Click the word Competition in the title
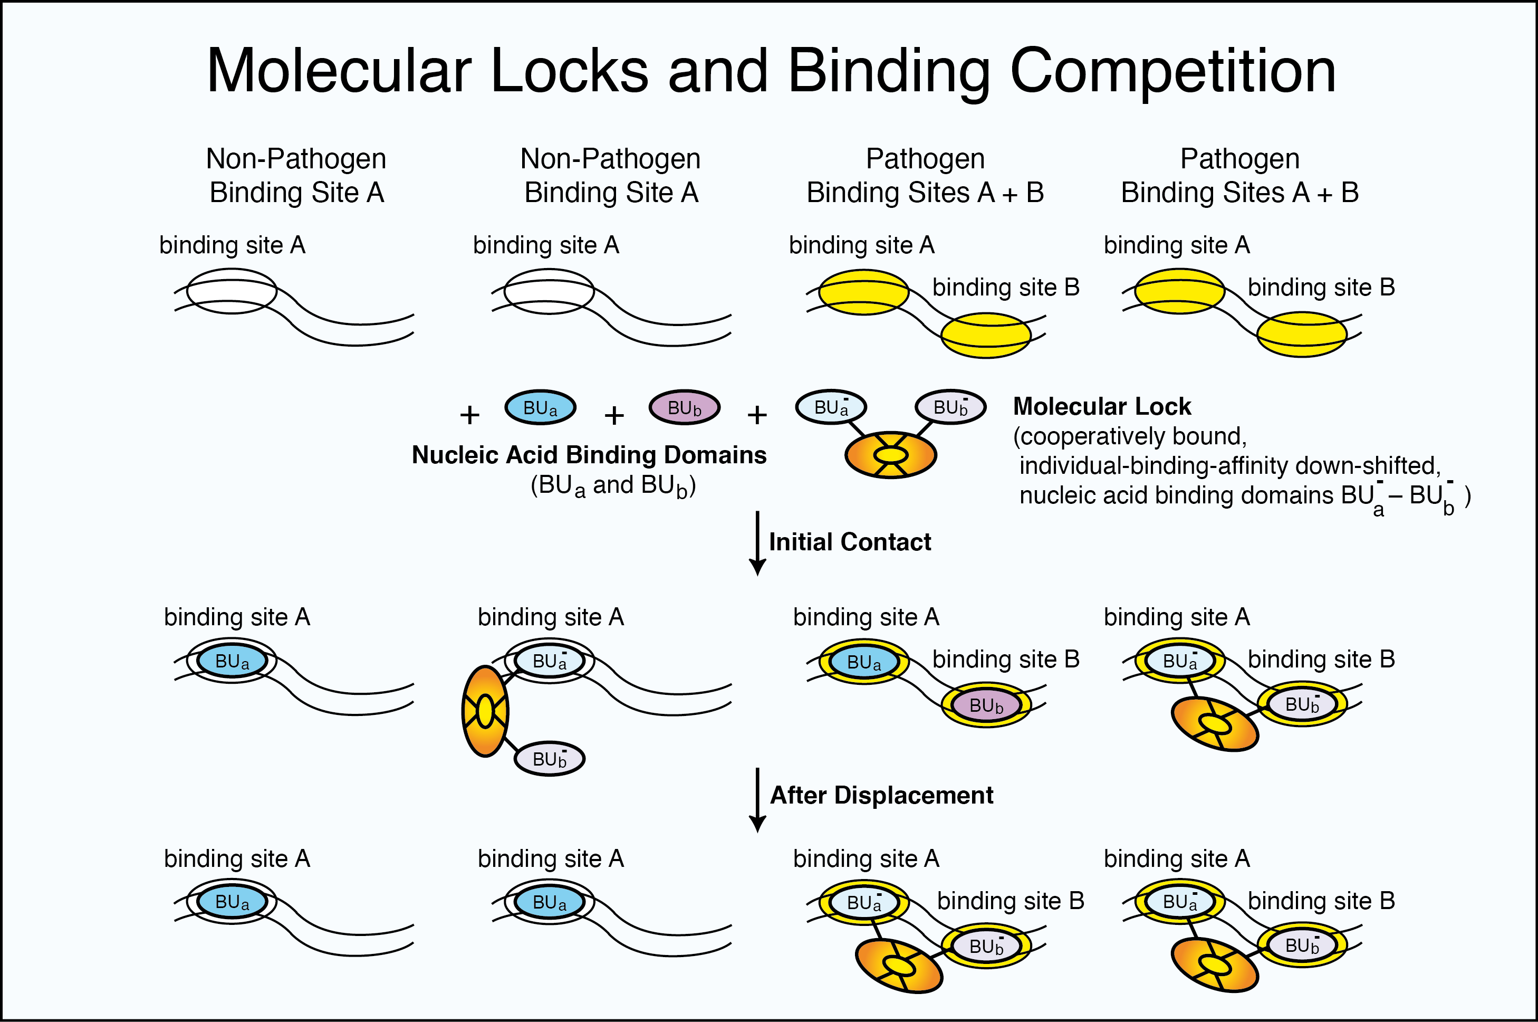click(1172, 72)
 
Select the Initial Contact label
click(850, 542)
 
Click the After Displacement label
click(881, 795)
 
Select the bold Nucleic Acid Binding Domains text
click(589, 455)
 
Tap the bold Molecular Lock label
click(1102, 407)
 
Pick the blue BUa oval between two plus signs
click(540, 408)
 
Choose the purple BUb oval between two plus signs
click(684, 408)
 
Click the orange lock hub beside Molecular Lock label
click(890, 454)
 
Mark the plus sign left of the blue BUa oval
click(469, 415)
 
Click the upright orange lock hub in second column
click(485, 711)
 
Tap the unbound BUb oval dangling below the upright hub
click(549, 759)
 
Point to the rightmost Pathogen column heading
click(1239, 175)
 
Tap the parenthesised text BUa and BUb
click(613, 485)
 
